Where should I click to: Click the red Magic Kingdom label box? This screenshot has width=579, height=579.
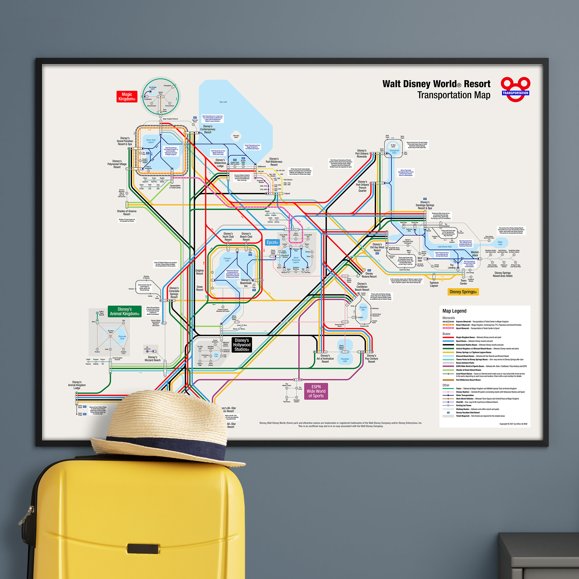click(127, 97)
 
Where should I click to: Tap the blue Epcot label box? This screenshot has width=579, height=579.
click(272, 242)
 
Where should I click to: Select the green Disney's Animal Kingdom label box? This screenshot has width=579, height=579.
click(124, 312)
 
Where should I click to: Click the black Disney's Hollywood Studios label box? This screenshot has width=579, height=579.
click(241, 345)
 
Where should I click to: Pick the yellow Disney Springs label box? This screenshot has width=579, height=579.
click(463, 292)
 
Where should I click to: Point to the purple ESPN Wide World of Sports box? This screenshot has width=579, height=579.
click(316, 391)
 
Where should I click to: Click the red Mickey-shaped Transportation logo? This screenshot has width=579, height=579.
click(515, 89)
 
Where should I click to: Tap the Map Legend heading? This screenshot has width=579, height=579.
click(454, 311)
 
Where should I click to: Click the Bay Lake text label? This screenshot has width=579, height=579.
click(223, 102)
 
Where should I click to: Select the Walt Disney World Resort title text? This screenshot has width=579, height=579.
click(436, 84)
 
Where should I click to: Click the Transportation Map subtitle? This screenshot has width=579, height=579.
click(454, 95)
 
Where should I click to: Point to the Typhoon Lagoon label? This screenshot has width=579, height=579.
click(434, 284)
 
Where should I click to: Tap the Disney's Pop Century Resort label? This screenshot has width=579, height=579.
click(371, 358)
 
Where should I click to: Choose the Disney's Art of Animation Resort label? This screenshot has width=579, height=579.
click(325, 358)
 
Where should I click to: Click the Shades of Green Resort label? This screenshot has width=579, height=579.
click(127, 212)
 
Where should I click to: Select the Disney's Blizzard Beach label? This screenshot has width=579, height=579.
click(153, 358)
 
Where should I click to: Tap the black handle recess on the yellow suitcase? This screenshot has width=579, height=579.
click(143, 548)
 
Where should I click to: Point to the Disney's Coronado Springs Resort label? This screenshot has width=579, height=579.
click(174, 292)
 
